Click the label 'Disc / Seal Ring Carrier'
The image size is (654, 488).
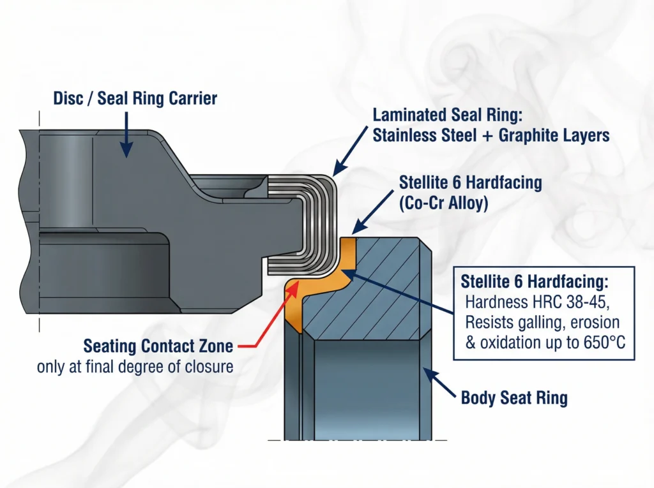(x=135, y=99)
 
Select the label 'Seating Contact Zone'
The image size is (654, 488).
(x=158, y=347)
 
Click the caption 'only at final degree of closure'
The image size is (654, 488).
(x=135, y=367)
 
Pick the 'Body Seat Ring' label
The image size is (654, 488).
(x=514, y=399)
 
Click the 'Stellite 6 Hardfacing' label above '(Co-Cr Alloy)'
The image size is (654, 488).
(x=470, y=182)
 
